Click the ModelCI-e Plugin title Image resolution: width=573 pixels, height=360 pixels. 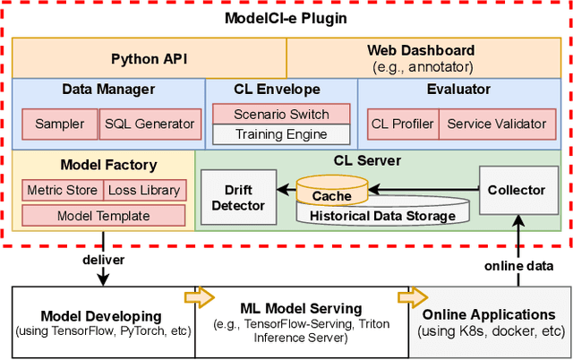[x=286, y=17]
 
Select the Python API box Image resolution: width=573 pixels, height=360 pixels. [x=148, y=58]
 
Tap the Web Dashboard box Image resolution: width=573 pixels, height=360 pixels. [x=422, y=58]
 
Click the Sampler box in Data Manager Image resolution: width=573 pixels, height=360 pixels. [x=59, y=124]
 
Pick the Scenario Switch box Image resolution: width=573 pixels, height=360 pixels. [x=281, y=115]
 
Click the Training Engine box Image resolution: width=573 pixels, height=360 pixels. [x=281, y=135]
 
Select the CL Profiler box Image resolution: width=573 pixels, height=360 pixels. [x=401, y=124]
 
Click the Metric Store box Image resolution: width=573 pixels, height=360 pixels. [x=62, y=190]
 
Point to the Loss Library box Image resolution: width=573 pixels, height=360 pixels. [x=143, y=190]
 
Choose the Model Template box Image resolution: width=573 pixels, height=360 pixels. [x=103, y=216]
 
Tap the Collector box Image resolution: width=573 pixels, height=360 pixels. [x=516, y=190]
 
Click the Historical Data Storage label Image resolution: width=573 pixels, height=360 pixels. [x=382, y=216]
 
